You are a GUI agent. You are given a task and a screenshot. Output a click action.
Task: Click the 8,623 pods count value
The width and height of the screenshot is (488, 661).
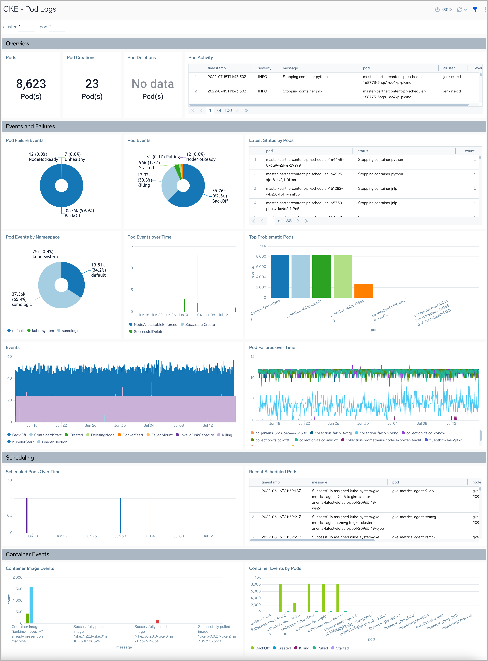[x=31, y=84]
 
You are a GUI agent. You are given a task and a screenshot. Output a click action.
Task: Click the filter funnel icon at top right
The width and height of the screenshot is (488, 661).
[x=475, y=10]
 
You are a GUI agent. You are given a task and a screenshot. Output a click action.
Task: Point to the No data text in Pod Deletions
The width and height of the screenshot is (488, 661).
[x=152, y=84]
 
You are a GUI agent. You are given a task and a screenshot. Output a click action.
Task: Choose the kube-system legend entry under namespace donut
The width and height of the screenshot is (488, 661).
[x=43, y=330]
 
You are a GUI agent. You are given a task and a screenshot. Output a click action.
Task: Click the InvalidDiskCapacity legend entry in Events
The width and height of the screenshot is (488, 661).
[x=197, y=435]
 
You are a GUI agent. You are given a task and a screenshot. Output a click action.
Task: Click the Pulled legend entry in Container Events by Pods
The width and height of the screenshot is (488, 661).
[x=322, y=648]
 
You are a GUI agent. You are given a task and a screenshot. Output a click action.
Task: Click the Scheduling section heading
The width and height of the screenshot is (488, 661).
[x=20, y=457]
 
